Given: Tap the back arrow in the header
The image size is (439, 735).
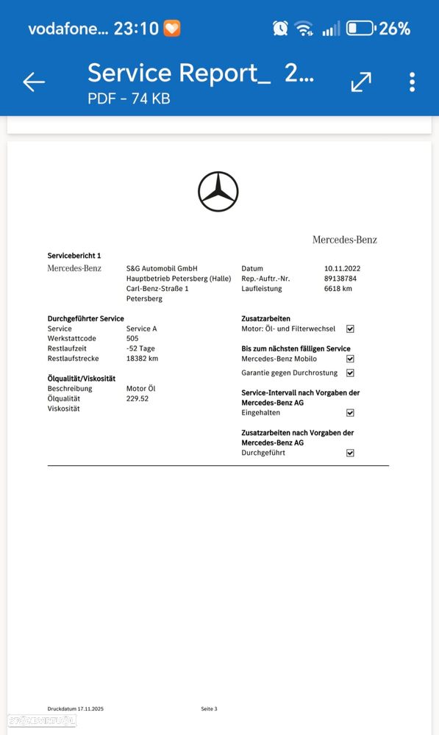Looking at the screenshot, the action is [x=34, y=82].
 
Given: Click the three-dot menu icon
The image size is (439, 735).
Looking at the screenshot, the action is [x=412, y=82].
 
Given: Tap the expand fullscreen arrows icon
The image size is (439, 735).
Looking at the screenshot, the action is [x=361, y=82].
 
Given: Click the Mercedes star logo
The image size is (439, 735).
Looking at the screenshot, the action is [x=218, y=192].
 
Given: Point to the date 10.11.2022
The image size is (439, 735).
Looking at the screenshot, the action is [x=342, y=268].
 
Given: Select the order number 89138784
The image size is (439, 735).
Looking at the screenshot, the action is [x=340, y=279].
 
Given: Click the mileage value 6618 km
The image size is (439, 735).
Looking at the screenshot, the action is [x=338, y=289].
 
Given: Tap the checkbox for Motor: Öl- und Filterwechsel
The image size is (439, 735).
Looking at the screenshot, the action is [x=350, y=329].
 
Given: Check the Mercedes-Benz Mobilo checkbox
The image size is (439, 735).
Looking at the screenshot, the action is [x=350, y=359].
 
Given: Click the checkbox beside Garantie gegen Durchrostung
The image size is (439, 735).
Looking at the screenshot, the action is [x=350, y=373].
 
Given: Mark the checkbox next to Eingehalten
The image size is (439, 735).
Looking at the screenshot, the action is [x=350, y=413].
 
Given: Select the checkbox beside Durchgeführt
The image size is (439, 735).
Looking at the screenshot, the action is [x=350, y=453].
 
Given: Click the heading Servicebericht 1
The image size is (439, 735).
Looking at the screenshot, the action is [x=74, y=255].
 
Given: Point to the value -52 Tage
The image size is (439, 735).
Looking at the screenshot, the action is [x=140, y=348].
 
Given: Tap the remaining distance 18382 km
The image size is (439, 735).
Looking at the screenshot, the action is [x=142, y=359].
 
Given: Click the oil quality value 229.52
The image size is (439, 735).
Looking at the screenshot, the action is [x=138, y=398].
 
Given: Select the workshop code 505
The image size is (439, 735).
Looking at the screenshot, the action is [x=132, y=338].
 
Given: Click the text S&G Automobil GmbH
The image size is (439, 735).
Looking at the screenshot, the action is [x=162, y=268].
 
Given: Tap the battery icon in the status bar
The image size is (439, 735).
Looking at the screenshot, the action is [x=360, y=29].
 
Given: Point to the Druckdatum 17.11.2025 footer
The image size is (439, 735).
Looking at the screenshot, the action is [x=76, y=709].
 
